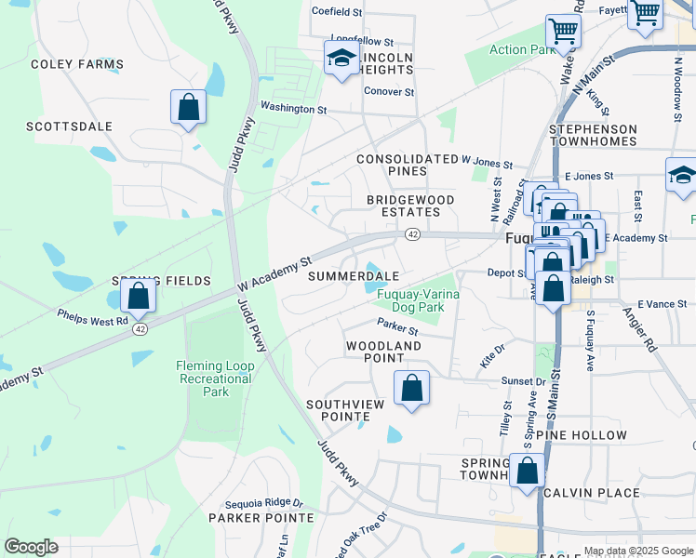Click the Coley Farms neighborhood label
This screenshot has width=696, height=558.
(x=76, y=64)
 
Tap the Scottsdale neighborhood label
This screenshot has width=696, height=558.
(x=69, y=126)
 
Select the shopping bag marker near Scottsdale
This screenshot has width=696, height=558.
(x=189, y=107)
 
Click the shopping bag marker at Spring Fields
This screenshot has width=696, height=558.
(x=138, y=298)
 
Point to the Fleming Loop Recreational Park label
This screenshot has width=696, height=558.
(x=215, y=379)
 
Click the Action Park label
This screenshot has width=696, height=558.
(x=522, y=50)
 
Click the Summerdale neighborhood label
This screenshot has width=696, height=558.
(x=354, y=276)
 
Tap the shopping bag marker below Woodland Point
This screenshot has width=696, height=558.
(x=411, y=388)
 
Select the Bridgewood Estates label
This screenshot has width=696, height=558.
(x=410, y=206)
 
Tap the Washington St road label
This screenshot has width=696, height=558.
(x=293, y=108)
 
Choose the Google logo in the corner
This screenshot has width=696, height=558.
(x=31, y=547)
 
